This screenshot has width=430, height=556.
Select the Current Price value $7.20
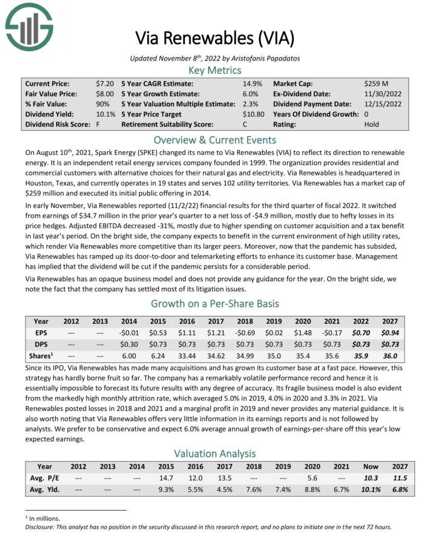[105, 83]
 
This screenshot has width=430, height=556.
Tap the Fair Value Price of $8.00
[105, 94]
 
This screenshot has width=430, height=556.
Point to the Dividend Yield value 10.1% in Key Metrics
[105, 114]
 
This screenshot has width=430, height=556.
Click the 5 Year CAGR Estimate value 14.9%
[252, 83]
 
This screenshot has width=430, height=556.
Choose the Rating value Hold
[372, 125]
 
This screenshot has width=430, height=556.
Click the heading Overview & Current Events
[214, 139]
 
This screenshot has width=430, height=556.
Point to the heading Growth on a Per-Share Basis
[214, 304]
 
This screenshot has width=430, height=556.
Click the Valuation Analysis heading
[214, 453]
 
